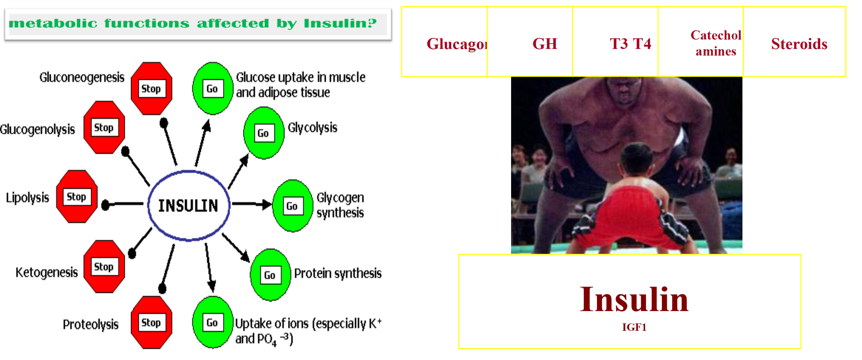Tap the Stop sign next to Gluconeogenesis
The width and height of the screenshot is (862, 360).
click(x=152, y=88)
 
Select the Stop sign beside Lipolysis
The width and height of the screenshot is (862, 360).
click(x=77, y=196)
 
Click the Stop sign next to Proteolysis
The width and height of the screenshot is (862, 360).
click(x=152, y=322)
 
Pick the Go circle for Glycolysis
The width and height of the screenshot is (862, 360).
click(x=264, y=133)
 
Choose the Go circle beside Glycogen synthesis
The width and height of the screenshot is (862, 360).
click(x=292, y=206)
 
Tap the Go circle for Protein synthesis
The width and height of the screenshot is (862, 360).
click(x=270, y=275)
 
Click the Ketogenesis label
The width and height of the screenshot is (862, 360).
click(x=47, y=272)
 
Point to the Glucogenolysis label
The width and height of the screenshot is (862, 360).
click(x=38, y=129)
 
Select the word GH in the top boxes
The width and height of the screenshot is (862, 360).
click(x=545, y=44)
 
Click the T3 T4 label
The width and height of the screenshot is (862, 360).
click(x=630, y=44)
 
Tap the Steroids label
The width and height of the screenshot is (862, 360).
click(x=799, y=44)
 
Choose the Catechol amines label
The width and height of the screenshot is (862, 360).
click(x=716, y=43)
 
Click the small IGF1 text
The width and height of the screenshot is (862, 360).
click(x=634, y=327)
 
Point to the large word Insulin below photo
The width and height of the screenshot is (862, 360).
click(x=634, y=299)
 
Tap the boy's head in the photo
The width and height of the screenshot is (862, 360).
click(x=638, y=159)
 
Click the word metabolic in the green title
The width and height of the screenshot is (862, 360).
click(x=53, y=24)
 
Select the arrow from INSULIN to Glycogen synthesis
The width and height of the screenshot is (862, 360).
click(x=252, y=204)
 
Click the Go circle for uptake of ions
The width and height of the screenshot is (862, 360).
click(x=213, y=322)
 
